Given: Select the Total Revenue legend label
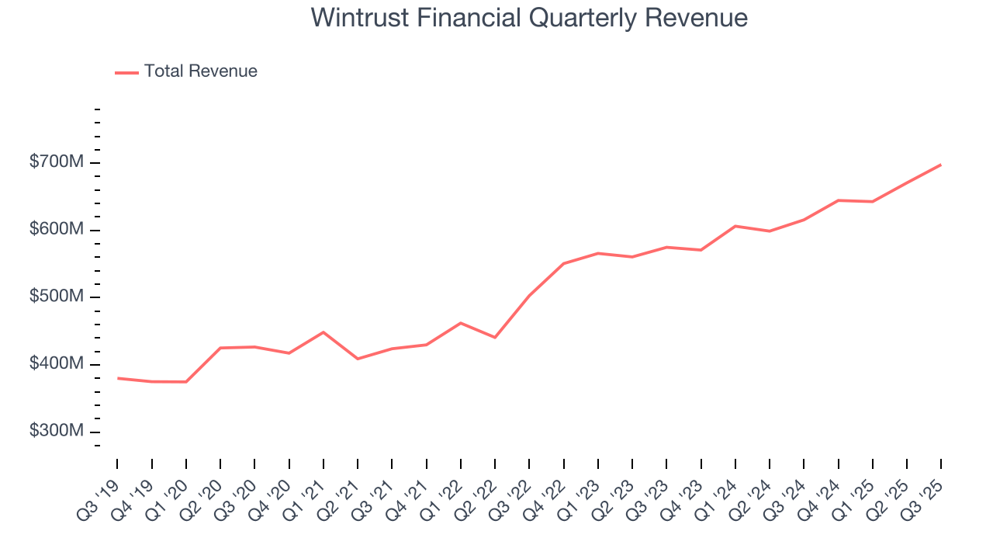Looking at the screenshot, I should [x=200, y=71].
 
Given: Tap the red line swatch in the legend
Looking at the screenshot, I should [x=126, y=72].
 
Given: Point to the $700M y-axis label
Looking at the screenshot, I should [x=57, y=163].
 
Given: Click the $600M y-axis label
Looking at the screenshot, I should [x=57, y=231].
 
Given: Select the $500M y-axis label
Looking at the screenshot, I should [x=57, y=297].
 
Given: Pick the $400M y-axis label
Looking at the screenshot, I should [x=57, y=365].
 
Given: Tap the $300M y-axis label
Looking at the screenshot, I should [x=57, y=432].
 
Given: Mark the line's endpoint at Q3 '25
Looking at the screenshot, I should [x=941, y=165].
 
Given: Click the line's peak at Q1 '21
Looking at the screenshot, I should [x=324, y=332].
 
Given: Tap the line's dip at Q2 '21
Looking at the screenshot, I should [x=358, y=359].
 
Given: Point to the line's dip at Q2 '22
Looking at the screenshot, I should [x=495, y=337].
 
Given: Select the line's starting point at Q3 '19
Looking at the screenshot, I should [x=118, y=378].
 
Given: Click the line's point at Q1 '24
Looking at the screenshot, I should [x=735, y=226].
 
